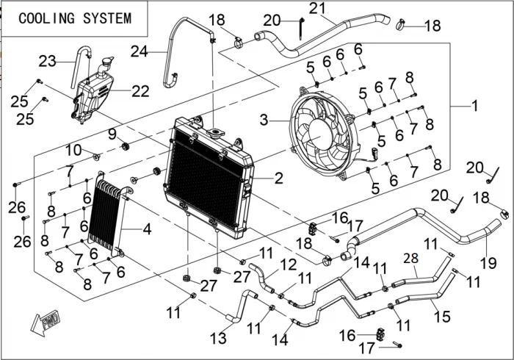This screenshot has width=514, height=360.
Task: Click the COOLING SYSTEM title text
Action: pyautogui.click(x=75, y=18)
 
